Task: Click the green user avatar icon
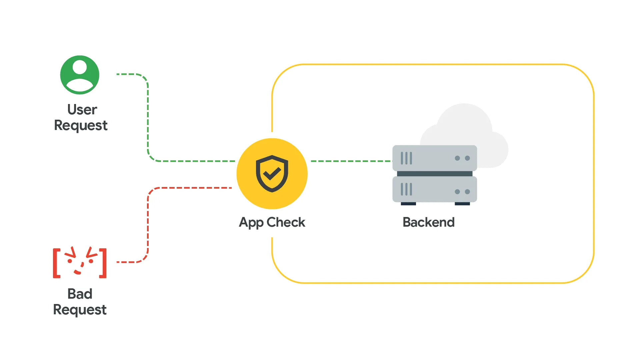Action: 80,75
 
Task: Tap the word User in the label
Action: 82,110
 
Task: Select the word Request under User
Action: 81,126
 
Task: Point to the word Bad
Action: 80,294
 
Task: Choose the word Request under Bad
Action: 80,310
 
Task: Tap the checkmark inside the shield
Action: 272,173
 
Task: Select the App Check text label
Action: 272,222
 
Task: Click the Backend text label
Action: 429,222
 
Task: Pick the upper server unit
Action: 435,158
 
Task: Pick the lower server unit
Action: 435,189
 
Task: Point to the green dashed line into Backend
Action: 350,161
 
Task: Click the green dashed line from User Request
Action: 148,117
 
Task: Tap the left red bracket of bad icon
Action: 56,263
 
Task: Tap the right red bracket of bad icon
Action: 104,263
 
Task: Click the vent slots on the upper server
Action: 406,158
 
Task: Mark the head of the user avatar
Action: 80,67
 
